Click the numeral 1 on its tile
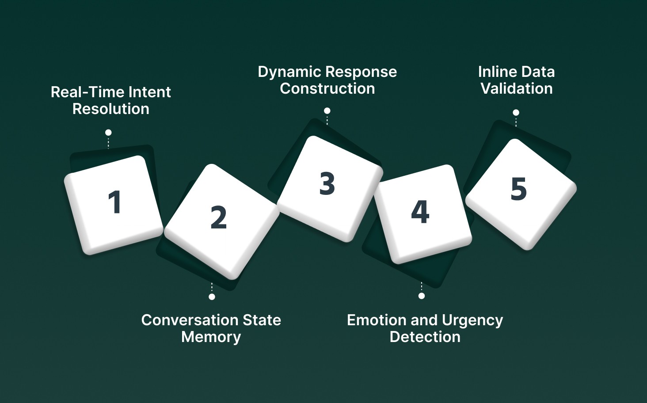pyautogui.click(x=115, y=202)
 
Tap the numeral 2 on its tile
pyautogui.click(x=218, y=217)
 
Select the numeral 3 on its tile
pyautogui.click(x=327, y=183)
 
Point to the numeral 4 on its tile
pyautogui.click(x=420, y=212)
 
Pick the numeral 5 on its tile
pyautogui.click(x=518, y=189)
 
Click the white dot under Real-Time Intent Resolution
pyautogui.click(x=108, y=133)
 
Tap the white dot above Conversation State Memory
pyautogui.click(x=212, y=297)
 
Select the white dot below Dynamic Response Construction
pyautogui.click(x=327, y=111)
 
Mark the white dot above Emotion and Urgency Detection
pyautogui.click(x=422, y=296)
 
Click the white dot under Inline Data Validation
pyautogui.click(x=516, y=113)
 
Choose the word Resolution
pyautogui.click(x=110, y=109)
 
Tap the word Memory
pyautogui.click(x=211, y=337)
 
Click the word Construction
pyautogui.click(x=327, y=88)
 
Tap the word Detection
pyautogui.click(x=425, y=337)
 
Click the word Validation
pyautogui.click(x=516, y=88)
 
